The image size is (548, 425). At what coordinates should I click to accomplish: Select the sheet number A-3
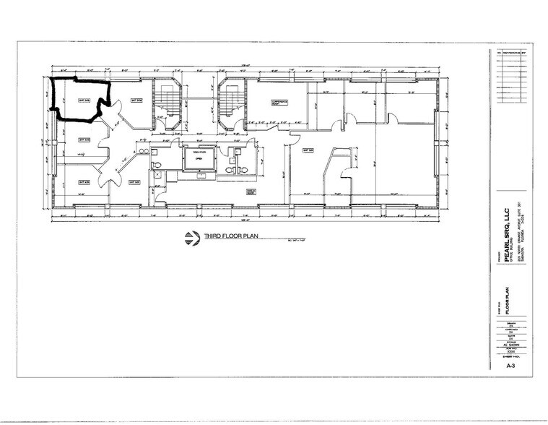[510, 366]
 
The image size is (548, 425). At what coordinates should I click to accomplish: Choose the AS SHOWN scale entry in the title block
[510, 344]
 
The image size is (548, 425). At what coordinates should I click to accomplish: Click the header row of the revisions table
[510, 52]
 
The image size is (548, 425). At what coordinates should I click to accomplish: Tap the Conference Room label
[279, 102]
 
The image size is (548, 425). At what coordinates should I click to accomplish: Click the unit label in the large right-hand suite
[306, 150]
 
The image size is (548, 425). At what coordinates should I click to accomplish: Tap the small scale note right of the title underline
[290, 240]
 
